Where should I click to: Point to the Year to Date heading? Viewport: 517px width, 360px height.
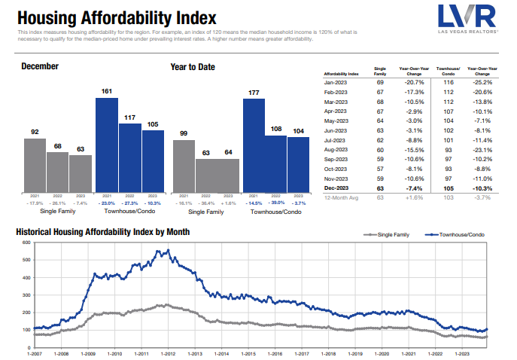point(193,67)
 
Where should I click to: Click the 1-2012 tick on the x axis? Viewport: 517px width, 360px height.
point(166,352)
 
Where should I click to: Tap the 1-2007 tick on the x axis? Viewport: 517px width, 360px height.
point(35,352)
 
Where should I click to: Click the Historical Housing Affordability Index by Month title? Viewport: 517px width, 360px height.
point(102,231)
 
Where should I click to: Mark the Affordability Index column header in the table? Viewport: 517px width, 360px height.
point(340,73)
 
